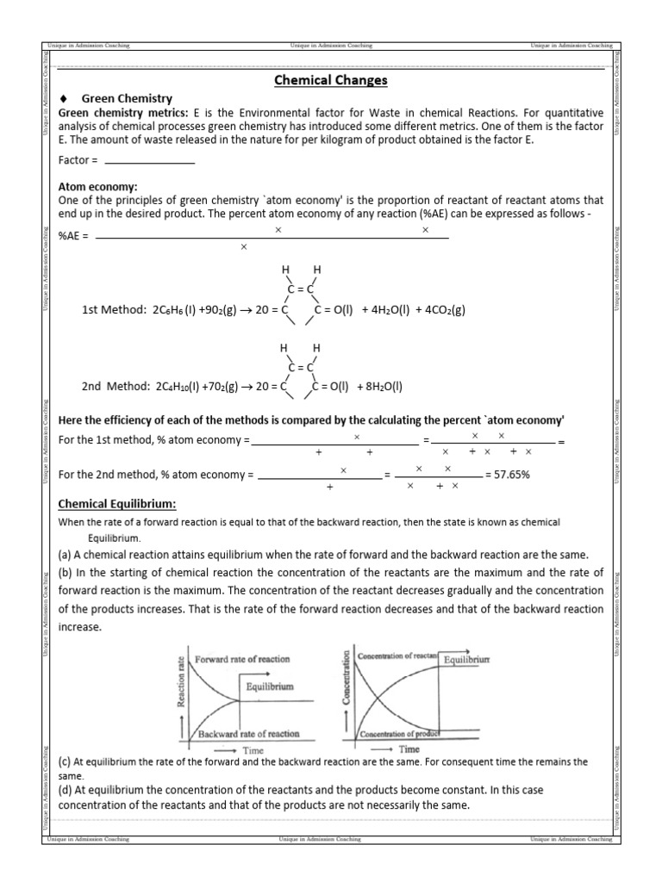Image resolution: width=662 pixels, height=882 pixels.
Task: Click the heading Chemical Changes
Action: (x=330, y=81)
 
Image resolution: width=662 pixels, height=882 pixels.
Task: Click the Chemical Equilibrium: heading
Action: (x=116, y=504)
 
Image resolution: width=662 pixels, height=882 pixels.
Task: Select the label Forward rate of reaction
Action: (x=242, y=659)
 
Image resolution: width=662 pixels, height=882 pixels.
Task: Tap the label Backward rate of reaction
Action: (x=249, y=734)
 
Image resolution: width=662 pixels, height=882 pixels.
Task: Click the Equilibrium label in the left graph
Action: (x=269, y=686)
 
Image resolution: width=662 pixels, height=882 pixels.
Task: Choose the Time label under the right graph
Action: (x=409, y=749)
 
